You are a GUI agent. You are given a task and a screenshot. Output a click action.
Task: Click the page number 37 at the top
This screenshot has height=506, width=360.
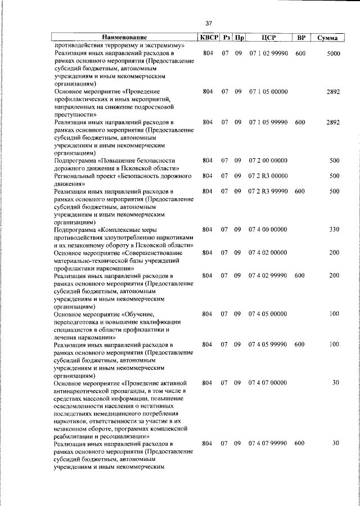(208, 23)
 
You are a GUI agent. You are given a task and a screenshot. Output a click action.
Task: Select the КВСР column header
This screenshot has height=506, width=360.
(208, 37)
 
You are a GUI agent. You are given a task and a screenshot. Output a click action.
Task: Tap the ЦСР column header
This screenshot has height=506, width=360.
(268, 37)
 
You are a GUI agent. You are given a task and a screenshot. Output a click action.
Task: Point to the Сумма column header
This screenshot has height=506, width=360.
(327, 38)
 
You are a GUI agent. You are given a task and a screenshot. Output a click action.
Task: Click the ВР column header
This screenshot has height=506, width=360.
(301, 37)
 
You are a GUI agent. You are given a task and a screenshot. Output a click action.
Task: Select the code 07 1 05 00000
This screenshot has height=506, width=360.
(268, 91)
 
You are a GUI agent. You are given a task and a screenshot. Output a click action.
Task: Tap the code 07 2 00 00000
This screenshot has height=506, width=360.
(268, 160)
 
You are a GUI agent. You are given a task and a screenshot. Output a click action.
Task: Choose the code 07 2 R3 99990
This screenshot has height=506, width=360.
(268, 191)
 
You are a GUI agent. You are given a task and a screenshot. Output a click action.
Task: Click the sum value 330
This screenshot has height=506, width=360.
(334, 230)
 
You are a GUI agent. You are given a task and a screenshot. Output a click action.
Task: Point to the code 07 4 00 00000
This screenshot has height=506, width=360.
(268, 230)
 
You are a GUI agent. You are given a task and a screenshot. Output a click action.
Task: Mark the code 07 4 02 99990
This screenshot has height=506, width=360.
(268, 275)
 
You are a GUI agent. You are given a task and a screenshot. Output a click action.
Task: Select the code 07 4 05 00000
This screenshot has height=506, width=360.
(268, 314)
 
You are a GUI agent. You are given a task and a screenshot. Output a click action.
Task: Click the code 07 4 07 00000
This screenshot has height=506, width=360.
(268, 383)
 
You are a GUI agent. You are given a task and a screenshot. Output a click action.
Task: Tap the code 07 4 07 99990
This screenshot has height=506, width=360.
(268, 444)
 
